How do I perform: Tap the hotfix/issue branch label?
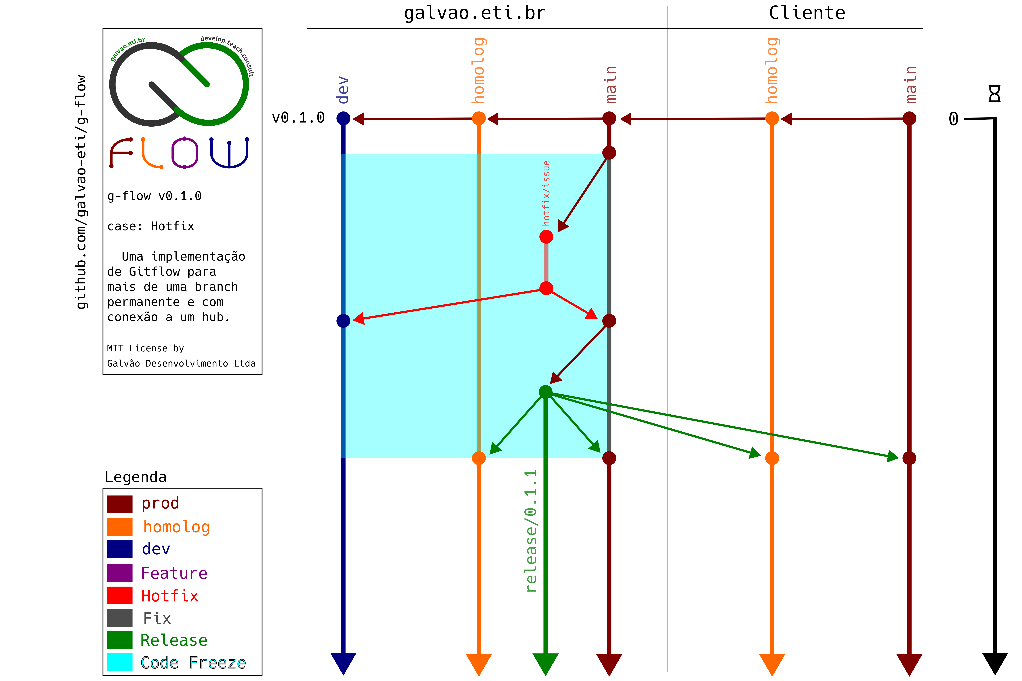pos(546,193)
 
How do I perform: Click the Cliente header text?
pos(807,13)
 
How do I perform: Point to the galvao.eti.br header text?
pos(474,13)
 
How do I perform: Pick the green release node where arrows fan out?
pos(545,392)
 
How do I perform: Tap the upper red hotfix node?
pos(546,237)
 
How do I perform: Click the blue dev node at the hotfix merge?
pos(343,321)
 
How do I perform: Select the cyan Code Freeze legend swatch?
pos(119,662)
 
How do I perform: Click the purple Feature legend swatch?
pos(119,573)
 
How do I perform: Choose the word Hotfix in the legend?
pos(170,596)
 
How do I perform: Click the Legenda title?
pos(135,477)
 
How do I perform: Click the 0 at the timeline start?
pos(953,119)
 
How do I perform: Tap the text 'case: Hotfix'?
pos(151,226)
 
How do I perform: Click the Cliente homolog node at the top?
pos(772,118)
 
